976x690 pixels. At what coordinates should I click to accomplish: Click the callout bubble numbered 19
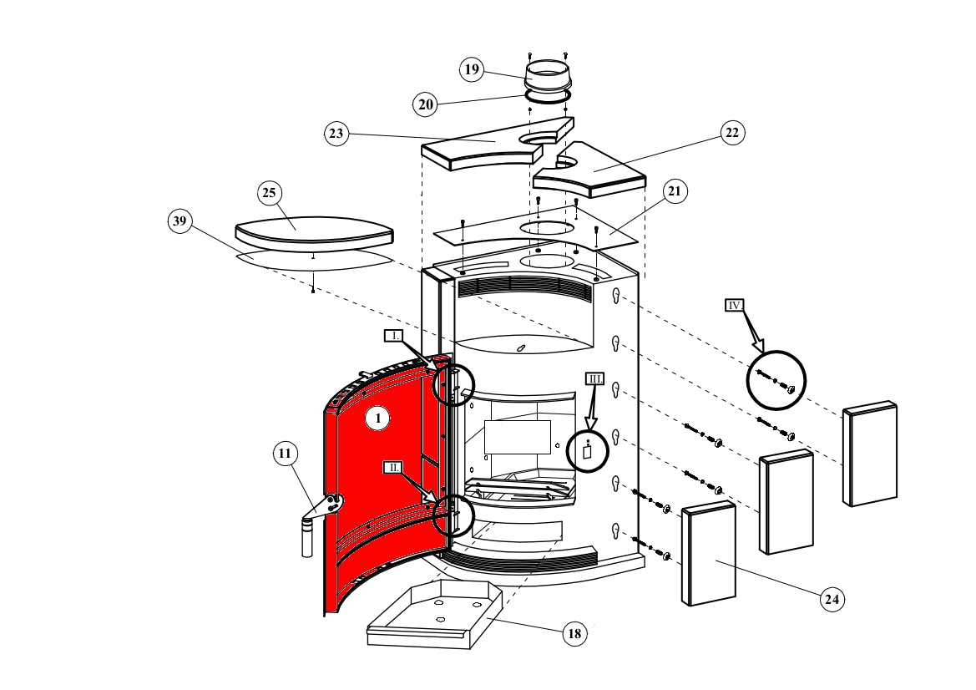[x=472, y=69]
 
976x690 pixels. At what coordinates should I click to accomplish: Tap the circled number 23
[x=336, y=134]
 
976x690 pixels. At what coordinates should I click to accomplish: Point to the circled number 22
[x=731, y=133]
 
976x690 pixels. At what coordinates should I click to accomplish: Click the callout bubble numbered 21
[x=674, y=191]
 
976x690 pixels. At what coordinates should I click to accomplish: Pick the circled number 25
[x=269, y=194]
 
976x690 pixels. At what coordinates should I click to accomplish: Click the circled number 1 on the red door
[x=377, y=419]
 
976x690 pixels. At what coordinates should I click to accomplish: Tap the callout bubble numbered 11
[x=285, y=454]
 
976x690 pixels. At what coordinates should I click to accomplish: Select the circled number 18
[x=574, y=633]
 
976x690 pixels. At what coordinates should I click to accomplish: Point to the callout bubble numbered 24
[x=831, y=599]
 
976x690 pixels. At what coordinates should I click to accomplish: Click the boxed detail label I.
[x=394, y=336]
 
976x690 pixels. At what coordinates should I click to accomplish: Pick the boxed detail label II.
[x=393, y=468]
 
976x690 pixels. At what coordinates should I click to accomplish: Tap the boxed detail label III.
[x=594, y=378]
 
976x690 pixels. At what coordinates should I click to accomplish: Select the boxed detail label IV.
[x=735, y=306]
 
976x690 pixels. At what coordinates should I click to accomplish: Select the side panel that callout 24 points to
[x=709, y=556]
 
